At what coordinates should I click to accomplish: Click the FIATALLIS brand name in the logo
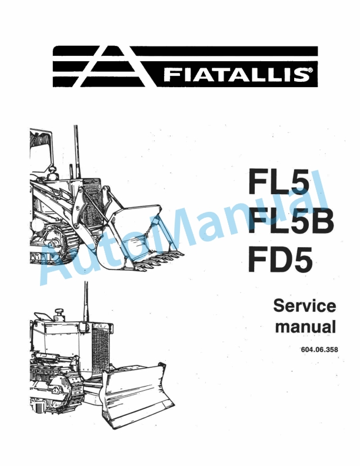tap(235, 75)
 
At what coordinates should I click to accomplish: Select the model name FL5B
tap(291, 222)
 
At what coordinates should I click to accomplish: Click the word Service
tap(305, 306)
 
